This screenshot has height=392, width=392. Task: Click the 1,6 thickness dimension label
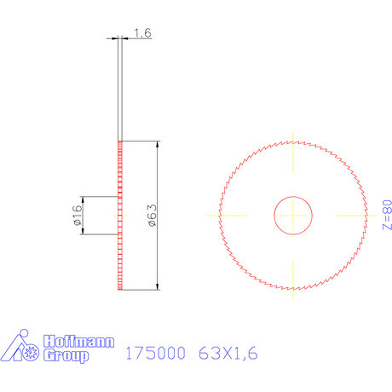pyautogui.click(x=142, y=33)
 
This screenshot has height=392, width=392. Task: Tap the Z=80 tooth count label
pyautogui.click(x=386, y=215)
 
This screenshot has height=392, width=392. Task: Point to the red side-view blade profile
pyautogui.click(x=120, y=215)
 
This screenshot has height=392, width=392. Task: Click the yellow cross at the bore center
pyautogui.click(x=292, y=215)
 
